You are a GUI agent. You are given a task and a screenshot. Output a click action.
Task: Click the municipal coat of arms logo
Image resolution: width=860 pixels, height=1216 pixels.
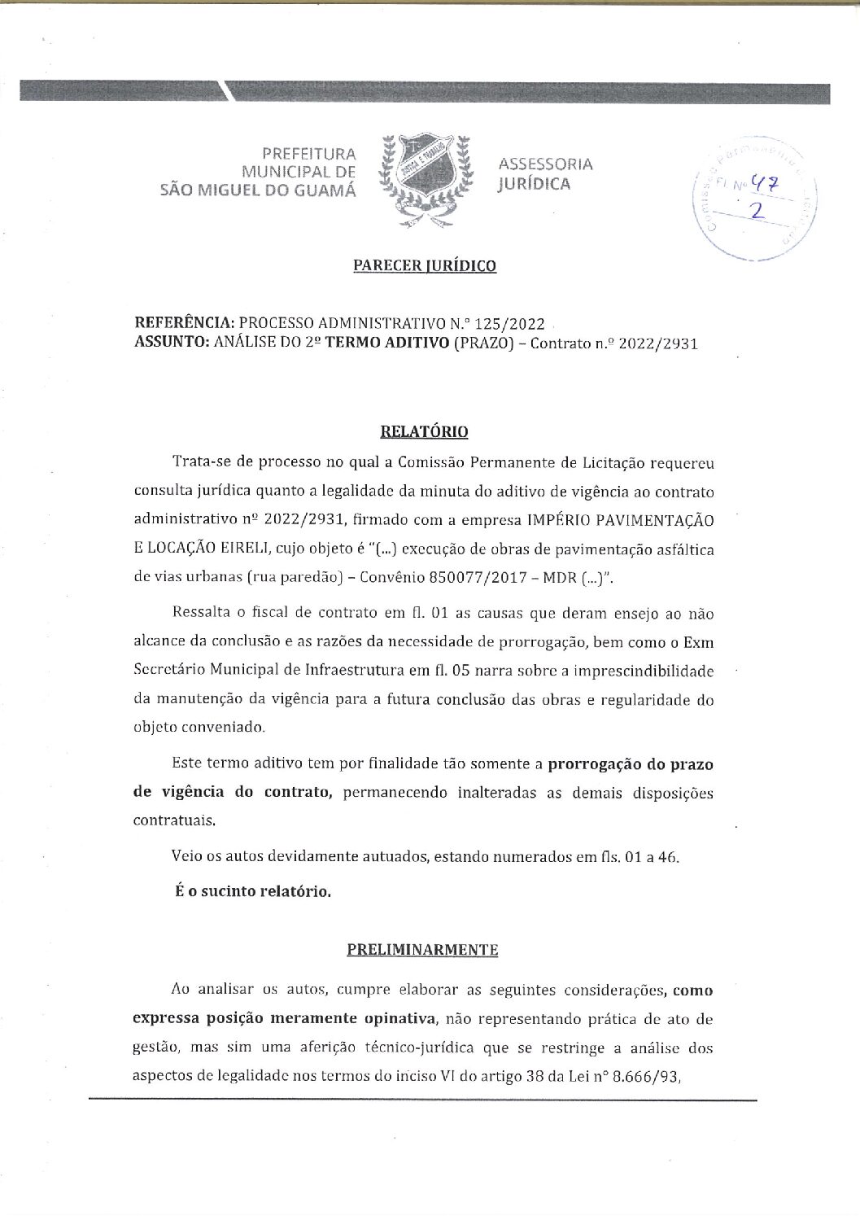[x=429, y=173]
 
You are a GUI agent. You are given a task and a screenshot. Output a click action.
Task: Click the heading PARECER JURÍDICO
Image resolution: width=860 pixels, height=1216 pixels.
[x=425, y=265]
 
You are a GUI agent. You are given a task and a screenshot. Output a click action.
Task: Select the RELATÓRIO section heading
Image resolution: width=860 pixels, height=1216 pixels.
[x=430, y=431]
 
